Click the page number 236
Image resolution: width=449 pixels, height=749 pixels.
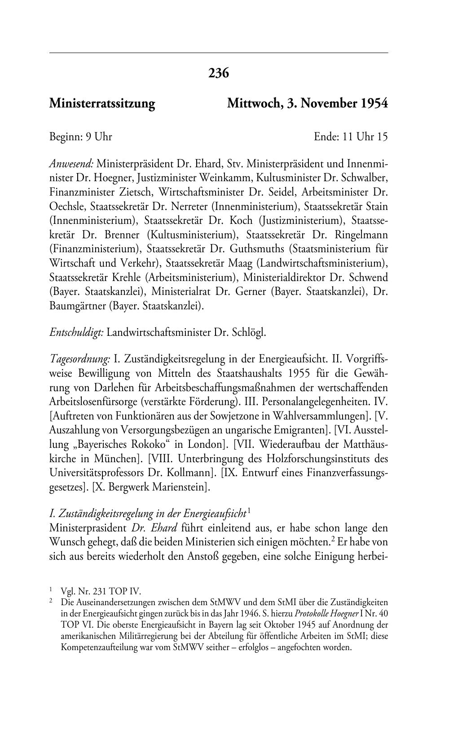[219, 73]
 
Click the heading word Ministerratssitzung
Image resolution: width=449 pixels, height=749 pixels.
[102, 104]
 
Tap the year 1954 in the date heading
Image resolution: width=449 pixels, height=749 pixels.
[373, 104]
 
